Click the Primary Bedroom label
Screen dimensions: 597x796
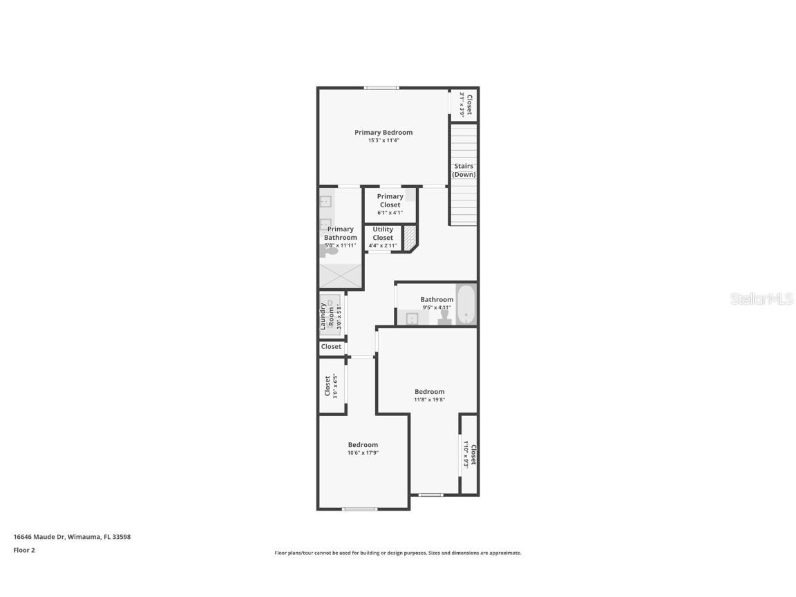pyautogui.click(x=383, y=132)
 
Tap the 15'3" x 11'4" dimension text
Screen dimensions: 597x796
pyautogui.click(x=383, y=140)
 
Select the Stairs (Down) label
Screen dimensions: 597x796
pyautogui.click(x=464, y=170)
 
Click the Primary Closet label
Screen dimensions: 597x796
pyautogui.click(x=390, y=200)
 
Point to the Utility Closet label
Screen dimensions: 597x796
pyautogui.click(x=383, y=234)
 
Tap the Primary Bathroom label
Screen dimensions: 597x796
pyautogui.click(x=341, y=233)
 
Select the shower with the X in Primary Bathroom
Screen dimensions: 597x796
pyautogui.click(x=340, y=276)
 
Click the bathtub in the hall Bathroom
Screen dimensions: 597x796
pyautogui.click(x=466, y=305)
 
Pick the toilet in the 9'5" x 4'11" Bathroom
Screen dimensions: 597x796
pyautogui.click(x=445, y=316)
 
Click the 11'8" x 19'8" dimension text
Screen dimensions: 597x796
pyautogui.click(x=429, y=399)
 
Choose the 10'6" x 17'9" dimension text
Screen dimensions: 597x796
pyautogui.click(x=363, y=453)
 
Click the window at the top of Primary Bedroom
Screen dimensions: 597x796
pyautogui.click(x=381, y=88)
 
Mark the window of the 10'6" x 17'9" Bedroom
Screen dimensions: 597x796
pyautogui.click(x=360, y=509)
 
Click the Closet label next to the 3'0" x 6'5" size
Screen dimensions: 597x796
pyautogui.click(x=328, y=386)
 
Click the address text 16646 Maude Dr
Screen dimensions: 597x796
pyautogui.click(x=72, y=537)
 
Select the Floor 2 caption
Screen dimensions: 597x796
pyautogui.click(x=24, y=551)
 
